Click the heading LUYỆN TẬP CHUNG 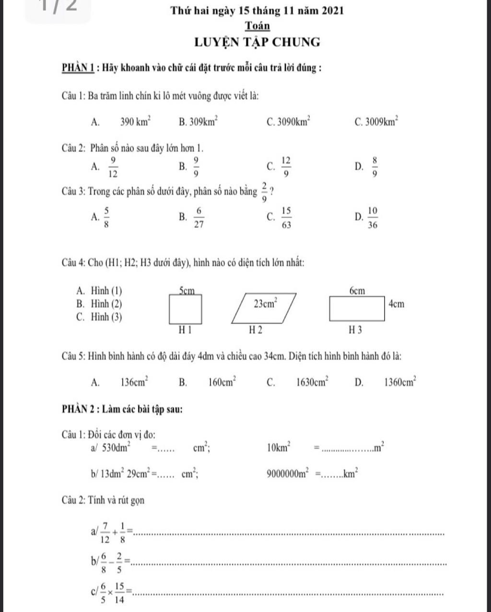tap(257, 42)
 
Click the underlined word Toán tap(257, 25)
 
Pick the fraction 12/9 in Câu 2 tap(286, 166)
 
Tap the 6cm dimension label tap(357, 291)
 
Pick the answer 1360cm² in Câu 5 tap(400, 382)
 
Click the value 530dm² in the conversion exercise tap(117, 448)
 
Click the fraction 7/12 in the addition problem tap(105, 532)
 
